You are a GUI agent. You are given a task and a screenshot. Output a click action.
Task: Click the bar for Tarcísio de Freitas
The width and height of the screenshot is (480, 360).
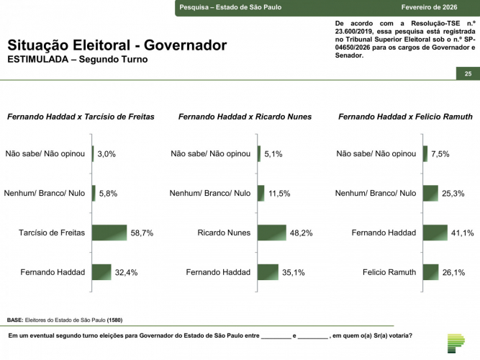tap(109, 233)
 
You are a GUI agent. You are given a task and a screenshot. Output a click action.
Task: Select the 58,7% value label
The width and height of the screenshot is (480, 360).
tap(142, 233)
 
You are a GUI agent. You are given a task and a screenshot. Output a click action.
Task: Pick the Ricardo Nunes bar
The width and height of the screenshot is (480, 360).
tap(272, 233)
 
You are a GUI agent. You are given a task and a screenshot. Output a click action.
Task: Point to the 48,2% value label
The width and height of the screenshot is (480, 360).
tap(301, 233)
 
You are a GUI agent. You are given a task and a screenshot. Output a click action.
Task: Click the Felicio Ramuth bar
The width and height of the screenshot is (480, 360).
tap(430, 272)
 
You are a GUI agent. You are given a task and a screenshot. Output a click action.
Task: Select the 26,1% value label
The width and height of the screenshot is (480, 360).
tap(453, 272)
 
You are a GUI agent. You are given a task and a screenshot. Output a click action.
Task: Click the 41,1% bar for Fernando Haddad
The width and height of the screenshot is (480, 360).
tap(435, 233)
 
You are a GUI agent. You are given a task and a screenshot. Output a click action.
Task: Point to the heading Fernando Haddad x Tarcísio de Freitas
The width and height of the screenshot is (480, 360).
tap(81, 116)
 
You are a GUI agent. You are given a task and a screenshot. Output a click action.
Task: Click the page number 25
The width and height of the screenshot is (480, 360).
tap(468, 74)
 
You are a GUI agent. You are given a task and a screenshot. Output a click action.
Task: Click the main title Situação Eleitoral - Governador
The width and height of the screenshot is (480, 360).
tap(117, 45)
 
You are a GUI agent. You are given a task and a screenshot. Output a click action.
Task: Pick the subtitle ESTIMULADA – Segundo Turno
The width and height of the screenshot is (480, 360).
tap(77, 60)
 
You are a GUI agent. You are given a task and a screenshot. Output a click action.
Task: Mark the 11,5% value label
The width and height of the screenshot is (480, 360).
tap(279, 193)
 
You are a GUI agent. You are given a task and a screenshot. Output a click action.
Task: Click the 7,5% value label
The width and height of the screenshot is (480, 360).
tap(440, 153)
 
